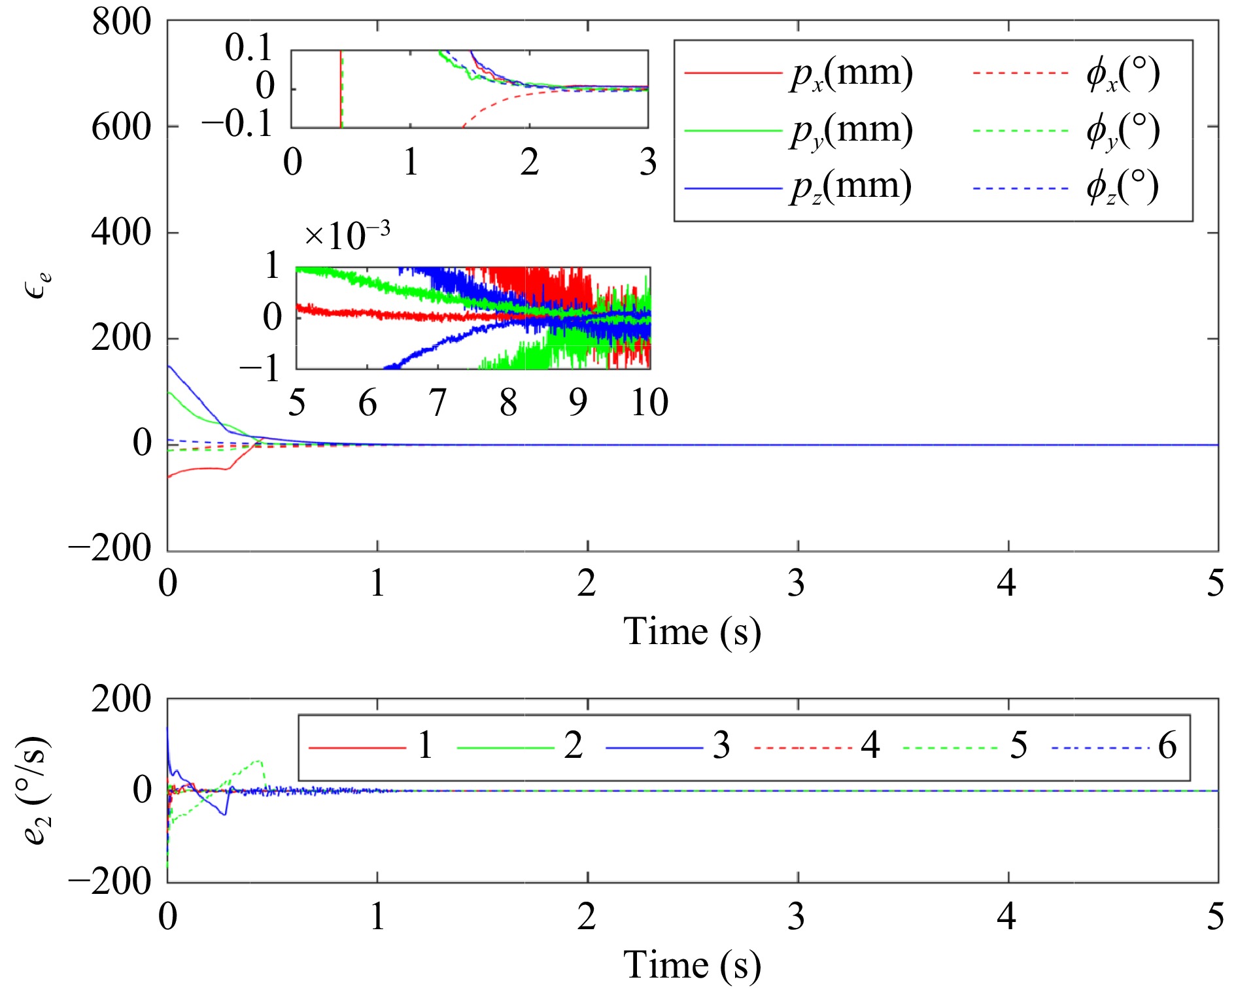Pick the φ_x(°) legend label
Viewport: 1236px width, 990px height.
[x=1122, y=73]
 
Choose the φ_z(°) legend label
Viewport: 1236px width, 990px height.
[x=1122, y=187]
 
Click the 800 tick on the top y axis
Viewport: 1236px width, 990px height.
[x=122, y=22]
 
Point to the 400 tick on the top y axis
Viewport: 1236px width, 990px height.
[x=122, y=233]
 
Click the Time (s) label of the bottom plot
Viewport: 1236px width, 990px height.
[x=692, y=965]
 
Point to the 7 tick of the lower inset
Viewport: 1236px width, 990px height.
[x=438, y=403]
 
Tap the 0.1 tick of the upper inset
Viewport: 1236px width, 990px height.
[x=249, y=48]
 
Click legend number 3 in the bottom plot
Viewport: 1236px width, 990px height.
[x=721, y=746]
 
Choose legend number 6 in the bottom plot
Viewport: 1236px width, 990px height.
[x=1167, y=746]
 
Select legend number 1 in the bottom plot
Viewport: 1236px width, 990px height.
[x=425, y=746]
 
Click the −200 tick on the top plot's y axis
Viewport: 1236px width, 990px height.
[x=110, y=548]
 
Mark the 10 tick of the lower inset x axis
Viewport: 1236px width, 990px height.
[x=649, y=403]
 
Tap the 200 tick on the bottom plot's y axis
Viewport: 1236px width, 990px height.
[x=122, y=700]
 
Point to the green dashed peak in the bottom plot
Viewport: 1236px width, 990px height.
[x=260, y=761]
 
